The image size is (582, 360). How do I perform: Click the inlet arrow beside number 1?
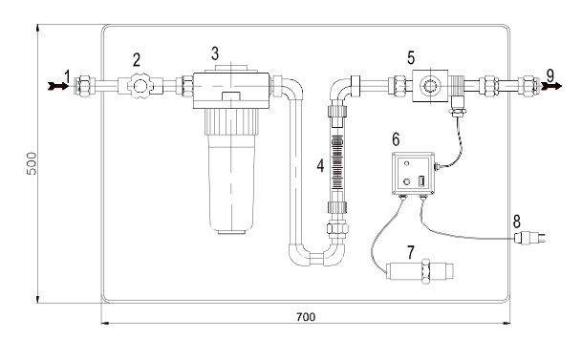tap(58, 86)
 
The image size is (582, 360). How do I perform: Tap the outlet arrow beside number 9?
tap(551, 86)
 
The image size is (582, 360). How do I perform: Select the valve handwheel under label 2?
tap(140, 86)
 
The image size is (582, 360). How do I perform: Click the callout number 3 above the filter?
tap(215, 53)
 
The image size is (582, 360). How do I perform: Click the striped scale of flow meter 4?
tap(337, 162)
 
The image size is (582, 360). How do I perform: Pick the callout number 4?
tap(320, 166)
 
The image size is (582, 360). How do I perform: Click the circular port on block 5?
tap(430, 86)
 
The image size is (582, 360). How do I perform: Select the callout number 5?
tap(411, 58)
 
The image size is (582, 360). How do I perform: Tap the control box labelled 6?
tap(413, 174)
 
